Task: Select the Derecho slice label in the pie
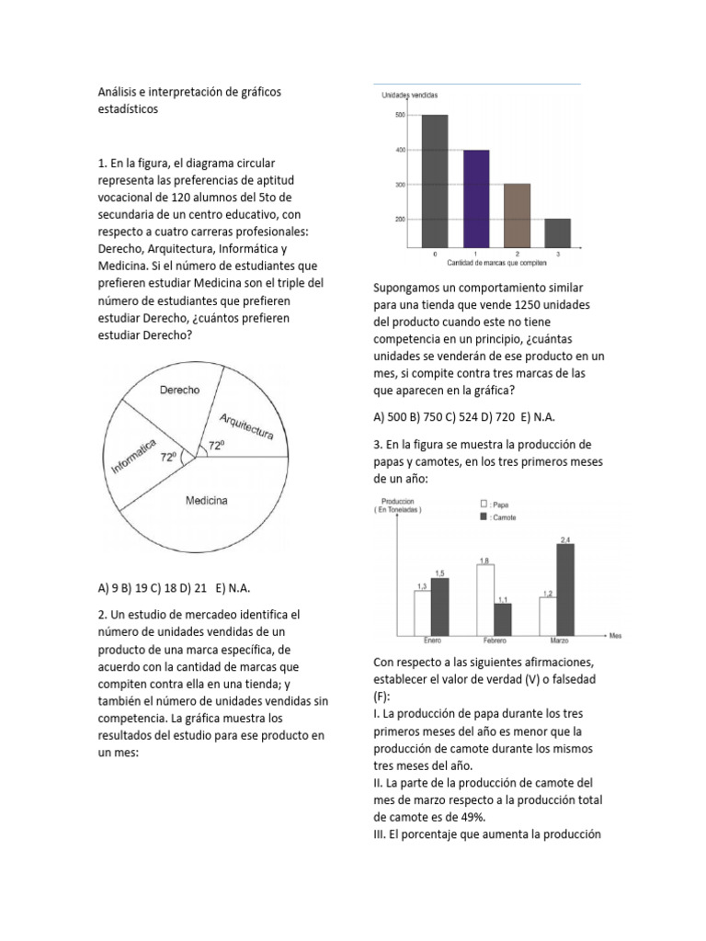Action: point(179,390)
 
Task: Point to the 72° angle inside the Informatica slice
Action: point(168,456)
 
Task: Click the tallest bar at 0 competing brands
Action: point(435,180)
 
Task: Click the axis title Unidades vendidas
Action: point(409,96)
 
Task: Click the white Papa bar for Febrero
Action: point(484,599)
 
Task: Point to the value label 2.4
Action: point(564,538)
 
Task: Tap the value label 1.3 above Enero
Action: point(422,584)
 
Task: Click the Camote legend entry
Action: point(496,517)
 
